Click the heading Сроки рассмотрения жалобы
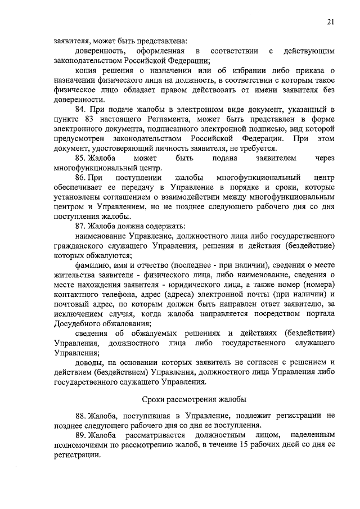tap(193, 399)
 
